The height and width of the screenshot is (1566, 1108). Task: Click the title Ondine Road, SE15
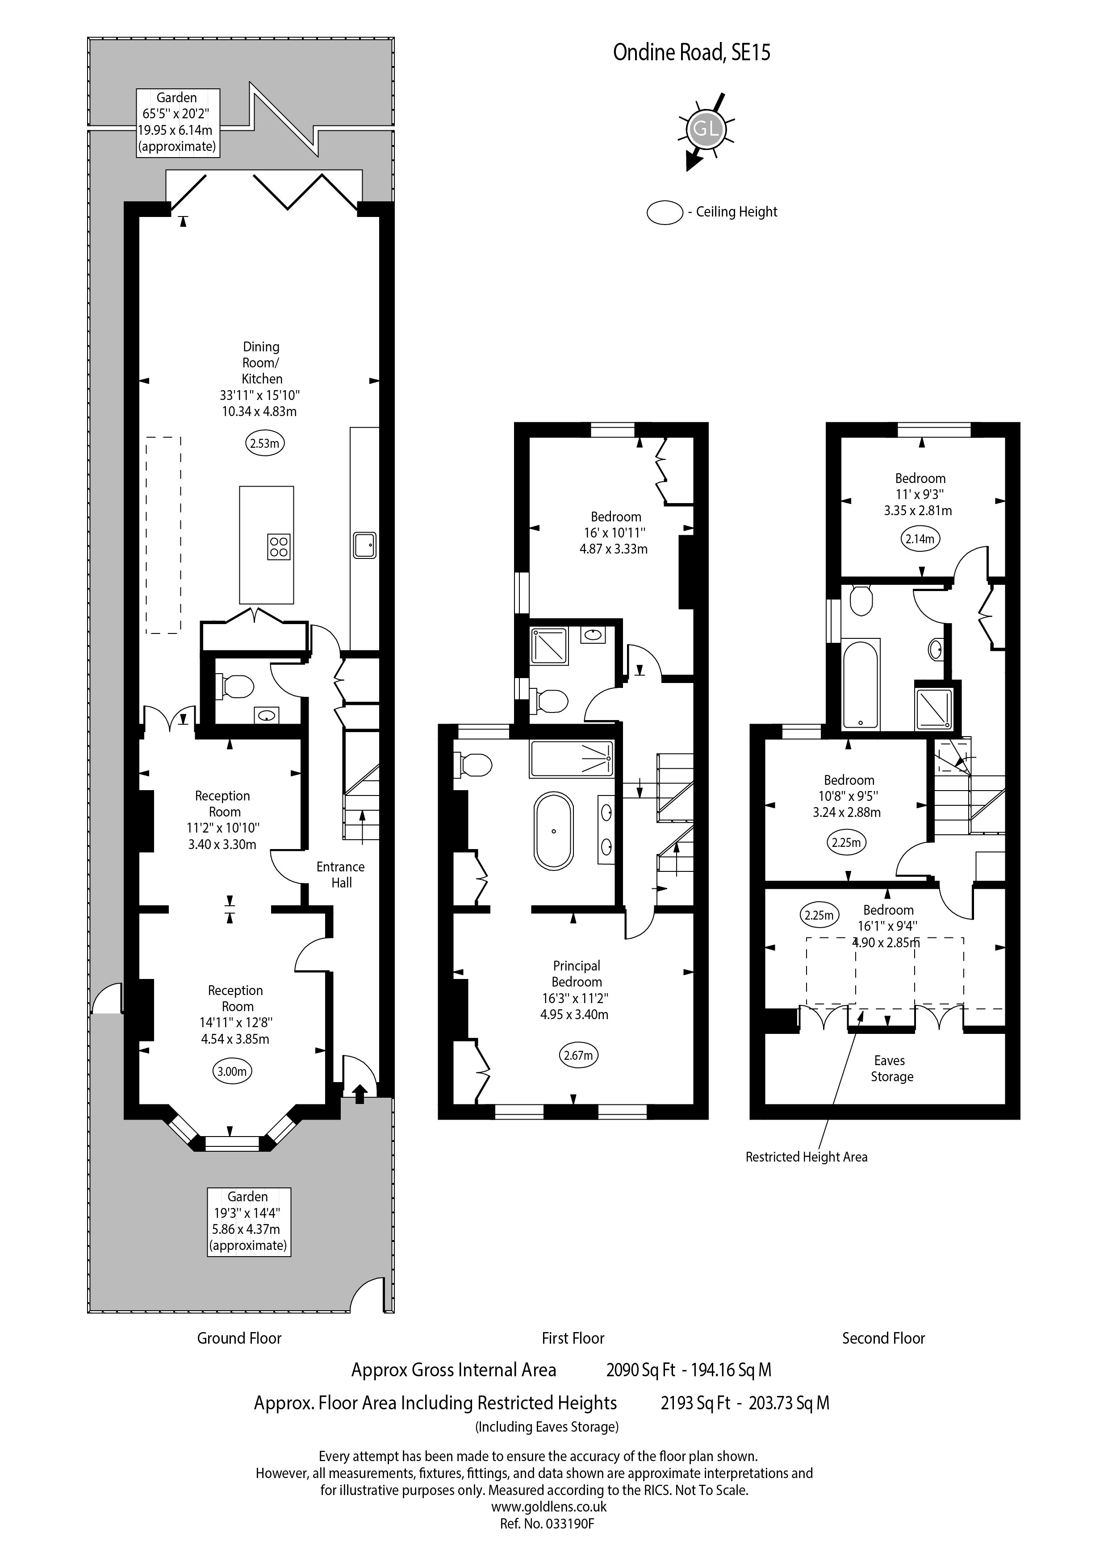(x=692, y=53)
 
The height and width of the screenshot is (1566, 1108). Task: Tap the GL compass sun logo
(x=704, y=129)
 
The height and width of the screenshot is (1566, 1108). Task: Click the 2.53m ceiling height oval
(x=265, y=443)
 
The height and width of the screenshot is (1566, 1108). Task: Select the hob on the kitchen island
(x=278, y=547)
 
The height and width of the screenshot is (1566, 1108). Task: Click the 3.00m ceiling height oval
(x=231, y=1071)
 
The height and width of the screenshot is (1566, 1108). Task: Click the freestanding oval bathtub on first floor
(x=553, y=831)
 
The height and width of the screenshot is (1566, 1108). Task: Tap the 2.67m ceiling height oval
(x=578, y=1056)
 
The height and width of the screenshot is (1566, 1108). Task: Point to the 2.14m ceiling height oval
(x=919, y=539)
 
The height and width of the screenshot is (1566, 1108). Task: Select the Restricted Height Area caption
(x=807, y=1157)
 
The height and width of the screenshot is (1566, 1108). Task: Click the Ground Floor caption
(x=239, y=1338)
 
